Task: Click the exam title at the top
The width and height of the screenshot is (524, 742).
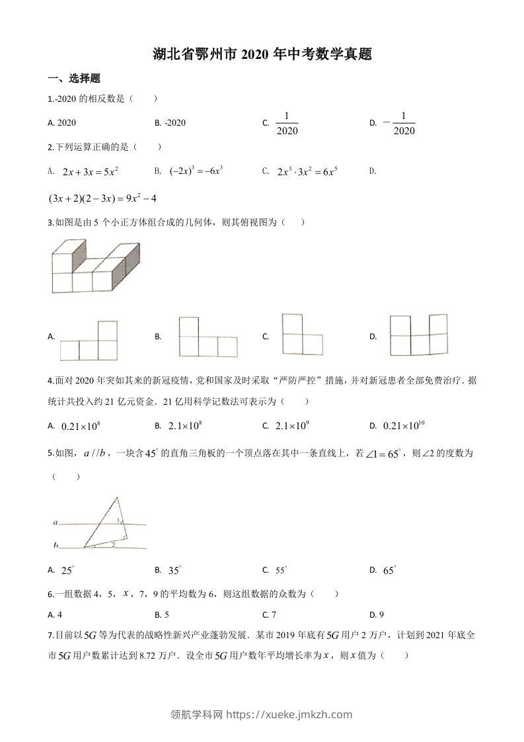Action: click(x=262, y=54)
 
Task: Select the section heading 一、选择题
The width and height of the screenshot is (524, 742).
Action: click(x=74, y=79)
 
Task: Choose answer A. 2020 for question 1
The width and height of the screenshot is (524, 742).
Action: click(x=63, y=123)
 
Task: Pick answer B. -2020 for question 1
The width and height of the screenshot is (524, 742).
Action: click(x=170, y=123)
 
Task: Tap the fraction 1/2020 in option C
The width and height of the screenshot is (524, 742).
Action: click(x=287, y=123)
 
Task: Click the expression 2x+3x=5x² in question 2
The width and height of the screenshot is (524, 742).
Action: click(x=90, y=172)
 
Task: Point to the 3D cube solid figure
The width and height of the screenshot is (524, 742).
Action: click(x=95, y=267)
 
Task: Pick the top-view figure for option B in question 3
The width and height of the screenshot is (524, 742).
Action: click(x=207, y=337)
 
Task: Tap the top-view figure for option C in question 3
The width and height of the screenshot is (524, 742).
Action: click(x=301, y=335)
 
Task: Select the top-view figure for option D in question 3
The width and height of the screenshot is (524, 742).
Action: click(x=418, y=336)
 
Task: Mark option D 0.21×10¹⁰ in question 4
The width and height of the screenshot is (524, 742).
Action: click(x=405, y=426)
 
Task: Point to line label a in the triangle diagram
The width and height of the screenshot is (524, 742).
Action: click(x=56, y=523)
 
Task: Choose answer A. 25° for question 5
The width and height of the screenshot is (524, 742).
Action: click(x=65, y=570)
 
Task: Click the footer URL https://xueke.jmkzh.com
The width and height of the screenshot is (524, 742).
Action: click(x=289, y=714)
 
